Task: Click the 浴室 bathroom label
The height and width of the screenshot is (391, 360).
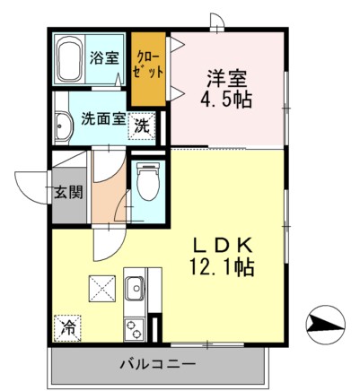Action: pyautogui.click(x=104, y=59)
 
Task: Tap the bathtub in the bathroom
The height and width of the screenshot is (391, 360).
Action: pyautogui.click(x=69, y=59)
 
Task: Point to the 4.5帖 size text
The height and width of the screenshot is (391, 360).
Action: pyautogui.click(x=226, y=100)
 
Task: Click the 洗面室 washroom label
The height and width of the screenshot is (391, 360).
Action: pyautogui.click(x=101, y=118)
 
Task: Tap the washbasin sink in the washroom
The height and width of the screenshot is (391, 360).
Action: pyautogui.click(x=62, y=126)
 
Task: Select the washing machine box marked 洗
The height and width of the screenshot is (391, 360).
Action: pyautogui.click(x=143, y=126)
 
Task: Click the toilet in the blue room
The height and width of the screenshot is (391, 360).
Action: pyautogui.click(x=147, y=181)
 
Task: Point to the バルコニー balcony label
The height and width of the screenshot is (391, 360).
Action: pyautogui.click(x=157, y=364)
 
